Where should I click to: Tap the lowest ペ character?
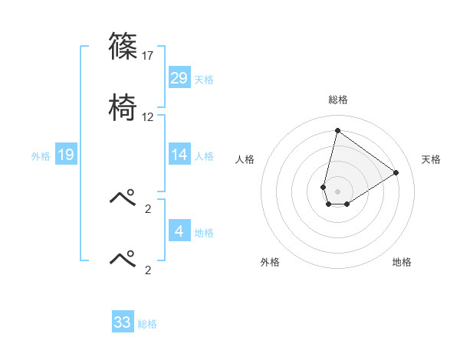click(123, 258)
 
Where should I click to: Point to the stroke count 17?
click(149, 55)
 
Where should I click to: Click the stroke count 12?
click(148, 117)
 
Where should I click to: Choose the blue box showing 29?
click(179, 78)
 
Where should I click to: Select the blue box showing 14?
click(179, 155)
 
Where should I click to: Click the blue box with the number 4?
click(179, 231)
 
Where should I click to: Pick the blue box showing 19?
click(66, 155)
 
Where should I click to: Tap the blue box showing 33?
click(123, 322)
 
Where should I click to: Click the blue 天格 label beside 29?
click(204, 80)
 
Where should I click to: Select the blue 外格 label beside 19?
click(41, 156)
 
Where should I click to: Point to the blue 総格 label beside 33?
click(147, 324)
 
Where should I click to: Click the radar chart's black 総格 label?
click(337, 100)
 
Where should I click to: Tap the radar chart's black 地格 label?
click(402, 262)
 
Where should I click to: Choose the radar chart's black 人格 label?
click(245, 159)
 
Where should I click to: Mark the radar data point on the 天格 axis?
click(396, 172)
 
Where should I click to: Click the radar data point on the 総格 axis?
click(337, 130)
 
